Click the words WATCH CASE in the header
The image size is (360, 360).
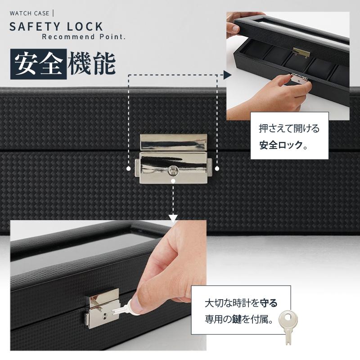[x=29, y=13]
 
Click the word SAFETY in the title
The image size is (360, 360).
[x=35, y=27]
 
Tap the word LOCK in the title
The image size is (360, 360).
[x=85, y=27]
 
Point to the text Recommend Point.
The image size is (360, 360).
[x=84, y=37]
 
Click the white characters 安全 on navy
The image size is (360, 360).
[x=38, y=64]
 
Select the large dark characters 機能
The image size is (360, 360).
[x=92, y=63]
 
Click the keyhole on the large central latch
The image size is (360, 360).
[x=173, y=171]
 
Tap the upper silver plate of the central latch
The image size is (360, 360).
[x=174, y=142]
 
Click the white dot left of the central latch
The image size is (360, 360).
[x=129, y=168]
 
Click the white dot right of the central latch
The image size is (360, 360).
[x=217, y=168]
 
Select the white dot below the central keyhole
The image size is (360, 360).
[x=173, y=181]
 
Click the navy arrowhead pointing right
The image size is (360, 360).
[x=227, y=75]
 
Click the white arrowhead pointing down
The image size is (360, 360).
[x=173, y=219]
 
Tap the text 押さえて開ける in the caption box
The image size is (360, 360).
[x=289, y=129]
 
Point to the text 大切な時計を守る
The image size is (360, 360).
[x=241, y=303]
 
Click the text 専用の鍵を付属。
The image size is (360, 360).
[x=239, y=319]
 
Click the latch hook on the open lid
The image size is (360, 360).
[x=301, y=53]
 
